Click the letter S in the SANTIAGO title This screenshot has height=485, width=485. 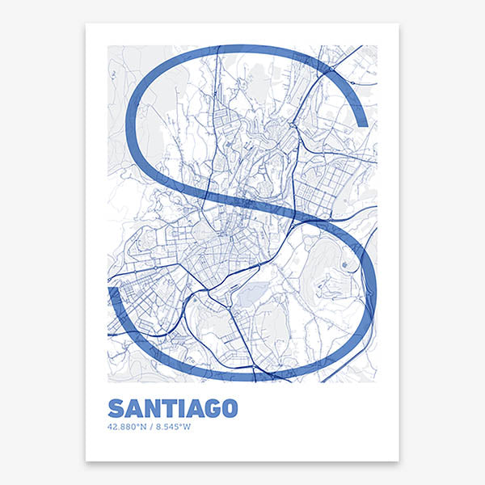pos(116,408)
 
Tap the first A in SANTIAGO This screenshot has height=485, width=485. pos(133,408)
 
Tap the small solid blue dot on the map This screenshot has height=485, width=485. pos(345,264)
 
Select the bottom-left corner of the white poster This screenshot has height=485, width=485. pos(86,461)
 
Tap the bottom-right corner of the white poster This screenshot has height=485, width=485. pos(399,461)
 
